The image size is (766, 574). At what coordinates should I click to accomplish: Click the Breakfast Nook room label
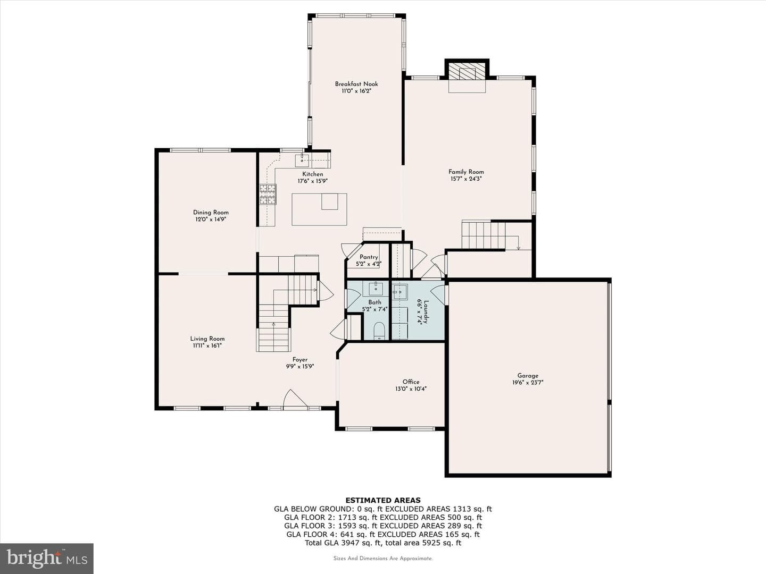click(356, 84)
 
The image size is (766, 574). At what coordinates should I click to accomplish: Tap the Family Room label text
click(466, 172)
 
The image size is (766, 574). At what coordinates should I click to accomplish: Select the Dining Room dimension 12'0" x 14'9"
click(211, 220)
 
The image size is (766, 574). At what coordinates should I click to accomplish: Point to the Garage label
click(528, 376)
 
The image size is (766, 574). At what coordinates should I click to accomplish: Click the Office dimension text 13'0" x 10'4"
click(411, 389)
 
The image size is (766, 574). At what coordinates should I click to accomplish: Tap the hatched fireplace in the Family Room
click(467, 72)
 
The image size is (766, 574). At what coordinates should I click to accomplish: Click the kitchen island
click(319, 209)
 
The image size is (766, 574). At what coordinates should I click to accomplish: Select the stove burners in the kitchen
click(268, 194)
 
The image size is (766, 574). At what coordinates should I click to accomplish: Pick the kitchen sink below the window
click(302, 161)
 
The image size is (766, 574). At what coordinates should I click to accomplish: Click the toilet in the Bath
click(379, 331)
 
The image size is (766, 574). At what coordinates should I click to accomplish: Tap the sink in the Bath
click(376, 289)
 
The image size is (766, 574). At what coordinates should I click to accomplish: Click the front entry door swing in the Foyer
click(295, 399)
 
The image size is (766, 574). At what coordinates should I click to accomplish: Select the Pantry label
click(369, 257)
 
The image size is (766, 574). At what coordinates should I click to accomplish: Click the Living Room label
click(207, 339)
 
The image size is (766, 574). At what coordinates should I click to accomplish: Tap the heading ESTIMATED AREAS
click(383, 501)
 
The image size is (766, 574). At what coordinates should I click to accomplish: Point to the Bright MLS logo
click(47, 558)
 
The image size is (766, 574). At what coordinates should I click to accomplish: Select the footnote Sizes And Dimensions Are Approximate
click(383, 558)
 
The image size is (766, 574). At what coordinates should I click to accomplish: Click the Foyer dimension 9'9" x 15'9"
click(300, 367)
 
